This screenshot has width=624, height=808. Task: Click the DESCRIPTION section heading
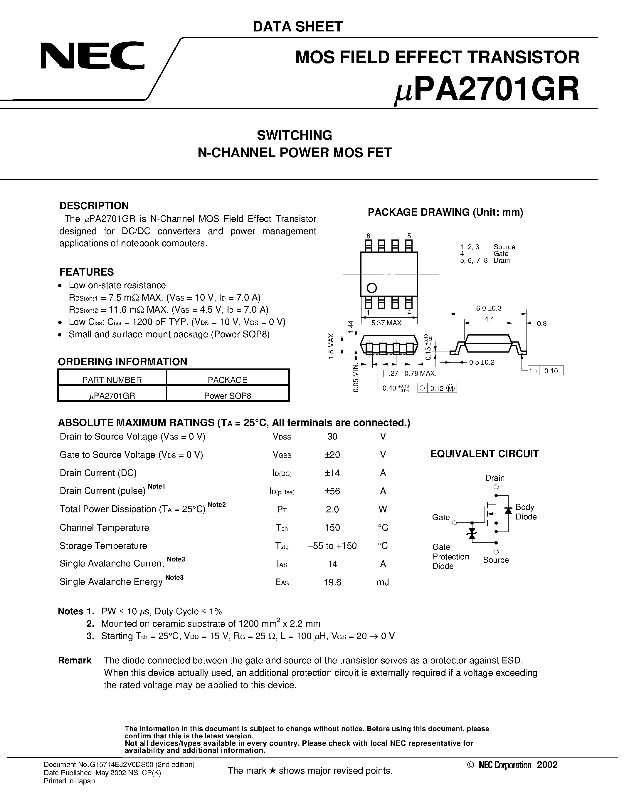[x=94, y=206]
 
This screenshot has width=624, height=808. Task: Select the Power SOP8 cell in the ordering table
[x=227, y=395]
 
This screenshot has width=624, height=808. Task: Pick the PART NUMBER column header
[x=112, y=380]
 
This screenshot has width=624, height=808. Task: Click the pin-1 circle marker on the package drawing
[x=371, y=287]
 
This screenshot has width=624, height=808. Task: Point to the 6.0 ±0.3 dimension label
[x=488, y=308]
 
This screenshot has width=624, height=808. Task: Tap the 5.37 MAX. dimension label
[x=387, y=323]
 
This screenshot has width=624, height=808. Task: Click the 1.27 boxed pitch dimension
[x=391, y=373]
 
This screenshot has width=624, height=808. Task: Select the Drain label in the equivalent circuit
[x=495, y=478]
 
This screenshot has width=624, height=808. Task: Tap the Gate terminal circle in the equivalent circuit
[x=454, y=523]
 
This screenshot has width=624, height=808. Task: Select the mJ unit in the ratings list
[x=383, y=582]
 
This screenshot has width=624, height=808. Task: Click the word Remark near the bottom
[x=75, y=661]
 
